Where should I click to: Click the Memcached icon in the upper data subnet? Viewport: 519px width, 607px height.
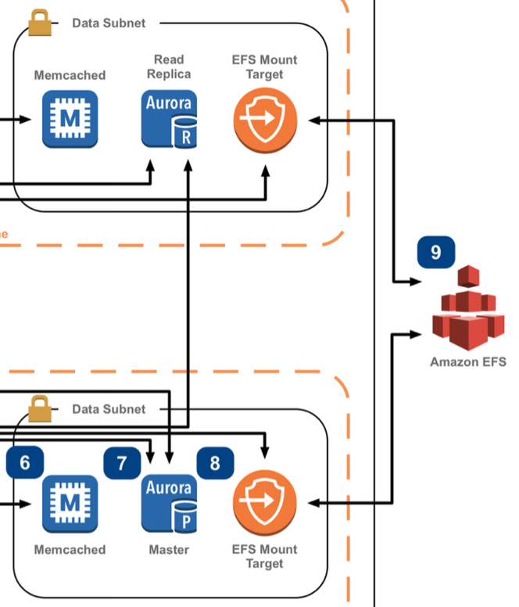click(70, 119)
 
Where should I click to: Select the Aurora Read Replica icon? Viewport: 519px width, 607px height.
click(169, 119)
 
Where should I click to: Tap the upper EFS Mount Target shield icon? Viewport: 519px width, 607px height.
click(265, 120)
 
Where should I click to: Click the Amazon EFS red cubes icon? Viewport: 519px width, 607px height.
click(467, 311)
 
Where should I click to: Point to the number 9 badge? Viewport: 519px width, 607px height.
click(436, 252)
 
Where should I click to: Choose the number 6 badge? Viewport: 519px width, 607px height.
click(25, 462)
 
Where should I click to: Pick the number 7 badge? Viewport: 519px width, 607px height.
click(123, 462)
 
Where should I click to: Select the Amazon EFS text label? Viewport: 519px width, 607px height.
click(467, 362)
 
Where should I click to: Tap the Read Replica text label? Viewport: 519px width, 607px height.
click(169, 66)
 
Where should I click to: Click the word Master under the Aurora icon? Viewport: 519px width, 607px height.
click(169, 550)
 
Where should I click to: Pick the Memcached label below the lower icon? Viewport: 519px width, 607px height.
click(70, 550)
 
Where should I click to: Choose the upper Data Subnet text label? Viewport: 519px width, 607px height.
click(109, 23)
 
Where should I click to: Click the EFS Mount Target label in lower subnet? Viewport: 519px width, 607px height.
click(264, 556)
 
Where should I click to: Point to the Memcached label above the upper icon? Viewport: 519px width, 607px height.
click(70, 76)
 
